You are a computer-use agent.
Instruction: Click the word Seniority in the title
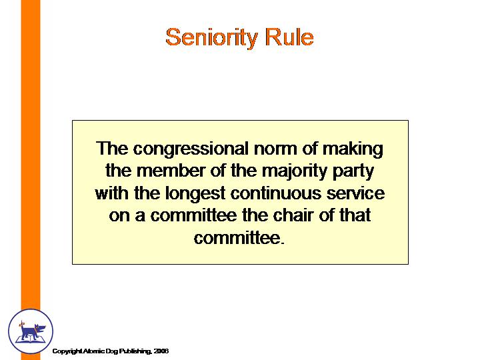[211, 37]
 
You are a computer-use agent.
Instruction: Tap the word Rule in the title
[289, 37]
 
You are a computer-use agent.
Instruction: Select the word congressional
[191, 149]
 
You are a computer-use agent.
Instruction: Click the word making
[353, 149]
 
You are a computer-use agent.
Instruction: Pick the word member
[171, 171]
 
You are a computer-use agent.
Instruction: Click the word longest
[195, 193]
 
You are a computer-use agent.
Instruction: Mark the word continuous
[275, 193]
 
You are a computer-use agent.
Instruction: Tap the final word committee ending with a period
[239, 238]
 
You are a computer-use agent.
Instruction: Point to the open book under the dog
[30, 339]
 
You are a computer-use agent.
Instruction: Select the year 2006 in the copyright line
[161, 351]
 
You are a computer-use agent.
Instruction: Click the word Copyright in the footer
[67, 351]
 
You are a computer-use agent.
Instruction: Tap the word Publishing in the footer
[135, 351]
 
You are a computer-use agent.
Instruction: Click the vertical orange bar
[31, 154]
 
